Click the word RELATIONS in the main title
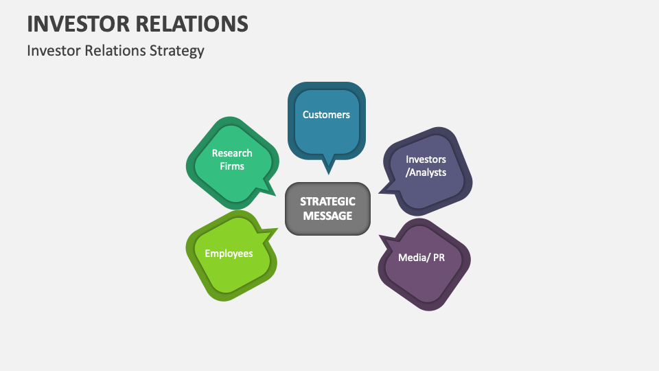(x=196, y=23)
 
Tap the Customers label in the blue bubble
(x=326, y=115)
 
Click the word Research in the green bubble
(x=232, y=153)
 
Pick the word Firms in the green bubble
(x=232, y=166)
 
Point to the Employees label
(x=229, y=254)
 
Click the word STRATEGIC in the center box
(x=327, y=202)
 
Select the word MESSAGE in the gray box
(x=327, y=216)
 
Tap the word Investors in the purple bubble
(x=426, y=159)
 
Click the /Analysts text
(x=426, y=172)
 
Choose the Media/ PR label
(x=421, y=258)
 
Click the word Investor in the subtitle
(x=51, y=51)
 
